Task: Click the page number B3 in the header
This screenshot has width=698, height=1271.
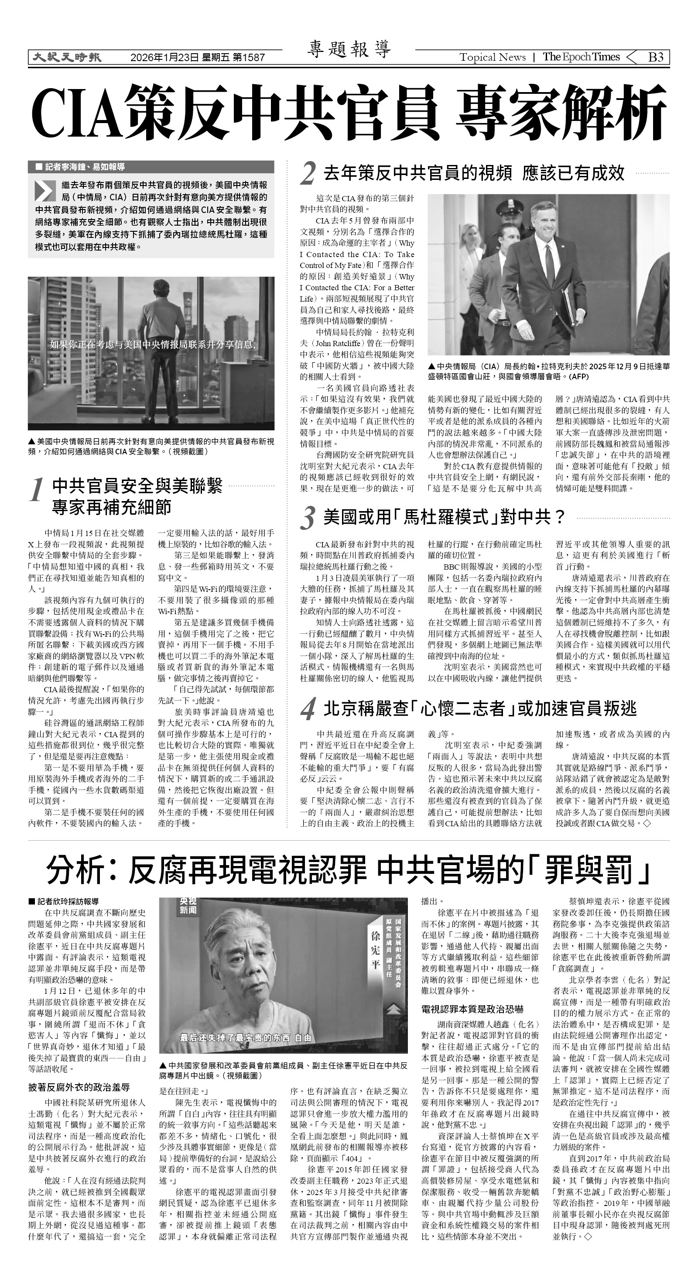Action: pyautogui.click(x=655, y=57)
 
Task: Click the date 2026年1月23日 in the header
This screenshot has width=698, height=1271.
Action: pyautogui.click(x=165, y=58)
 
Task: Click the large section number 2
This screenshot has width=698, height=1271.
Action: pyautogui.click(x=308, y=174)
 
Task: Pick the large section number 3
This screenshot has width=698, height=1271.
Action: pyautogui.click(x=308, y=519)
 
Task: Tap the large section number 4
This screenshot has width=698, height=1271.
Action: pyautogui.click(x=308, y=710)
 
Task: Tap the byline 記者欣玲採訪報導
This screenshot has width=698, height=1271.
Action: pyautogui.click(x=67, y=901)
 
